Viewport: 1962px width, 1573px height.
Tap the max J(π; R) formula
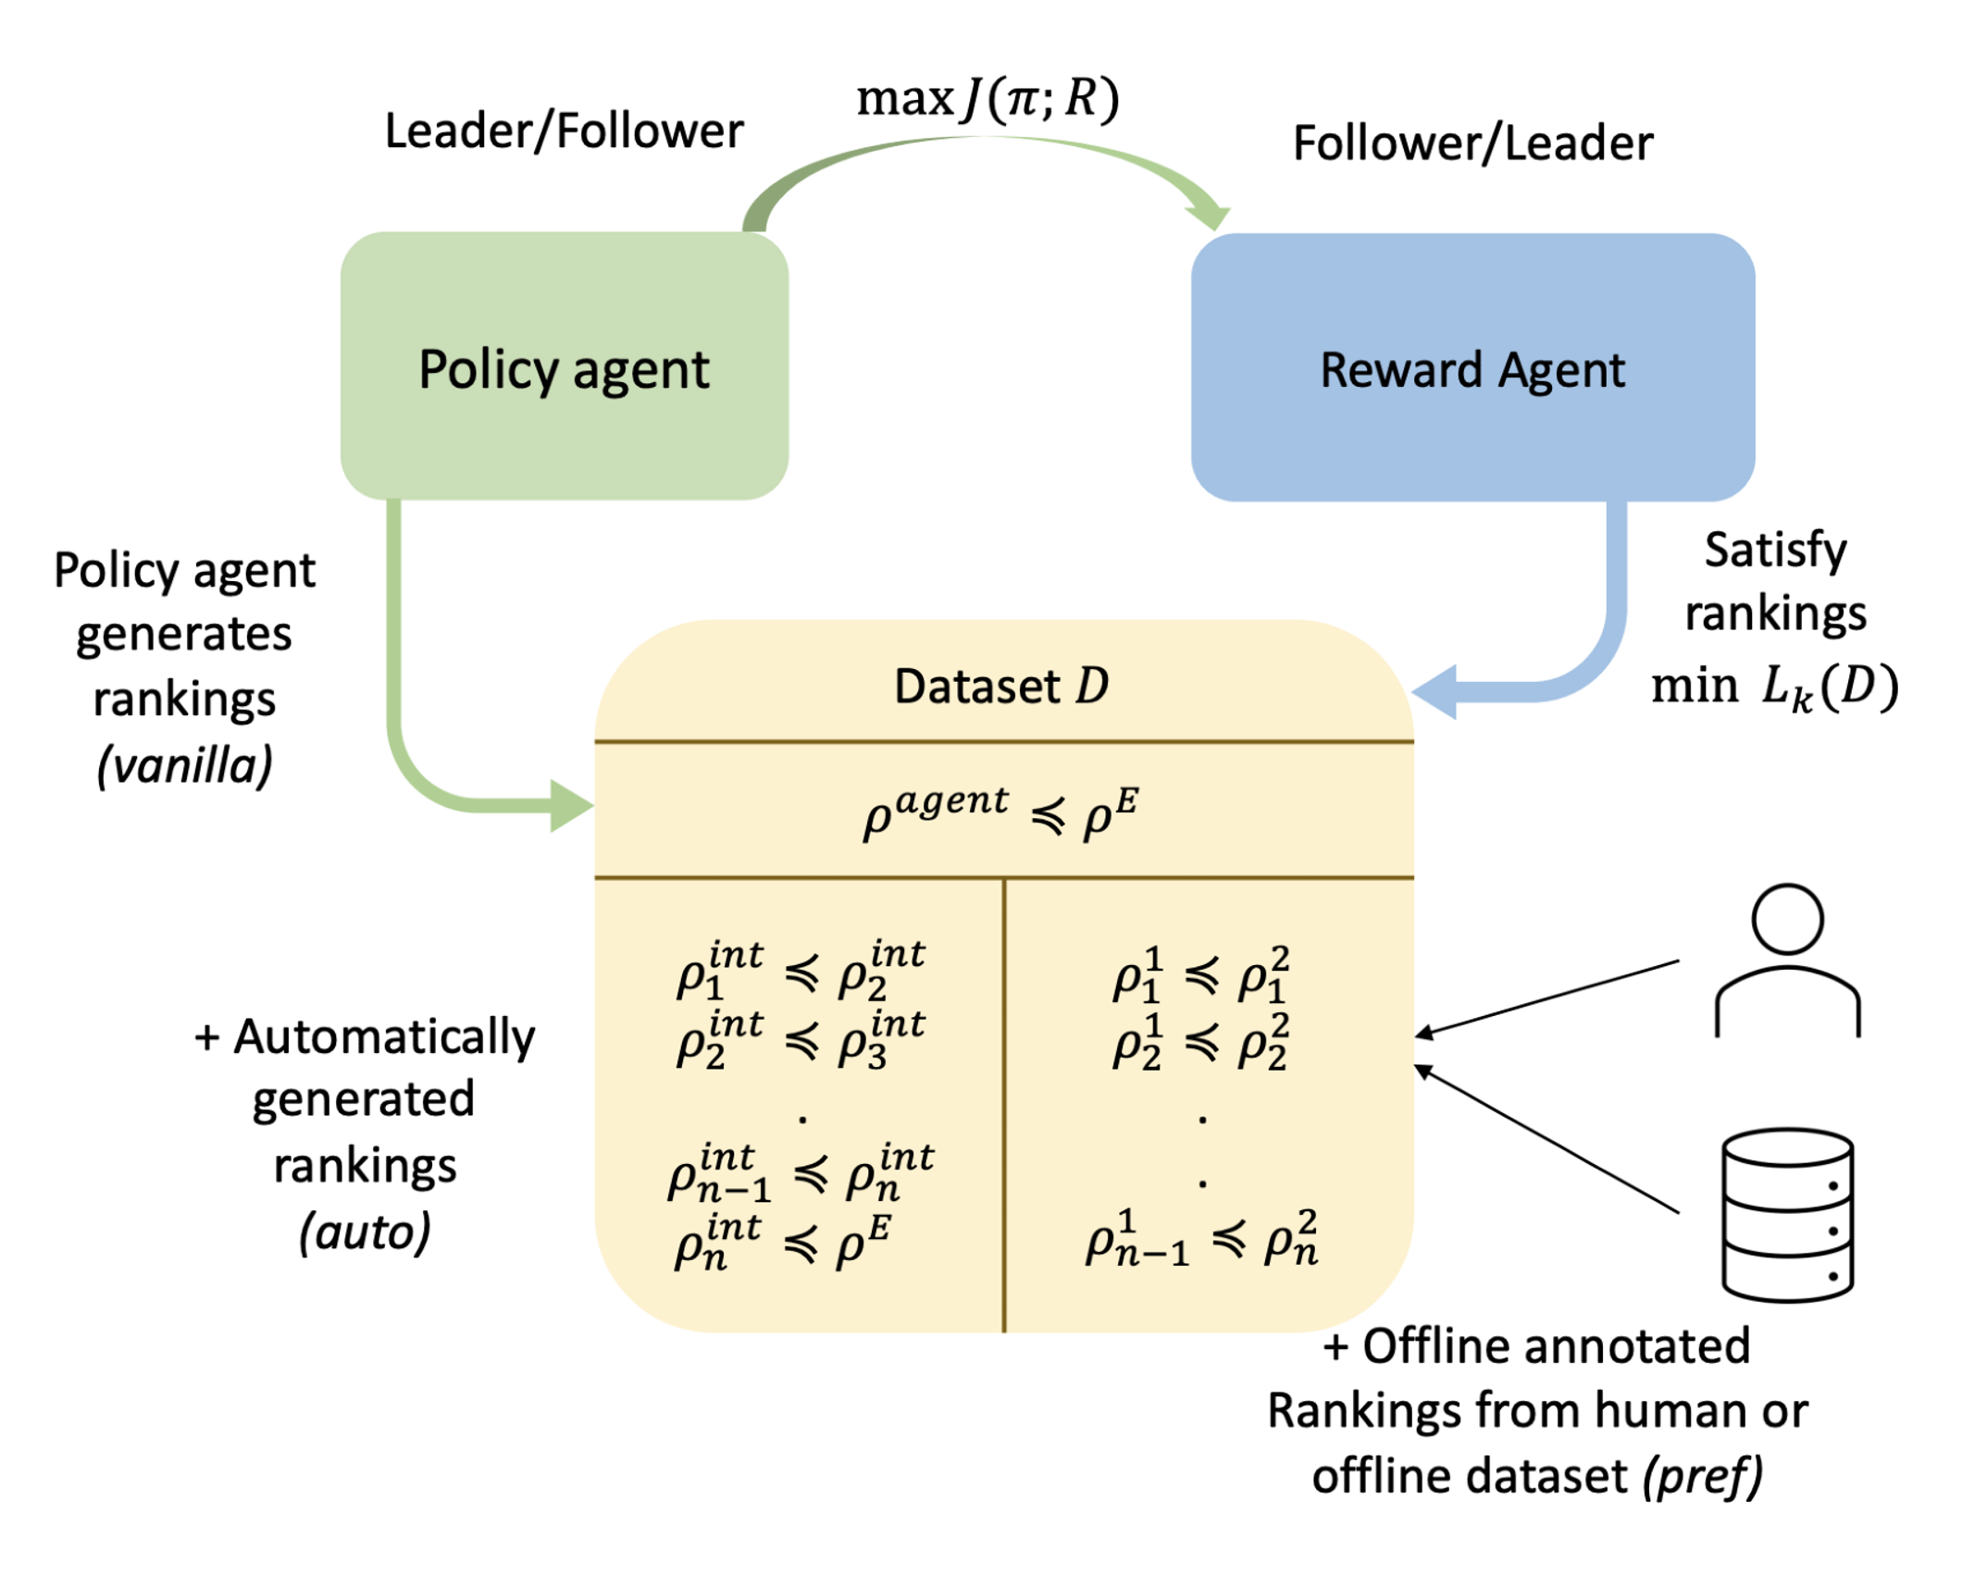987,98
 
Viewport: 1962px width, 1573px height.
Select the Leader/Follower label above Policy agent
564,130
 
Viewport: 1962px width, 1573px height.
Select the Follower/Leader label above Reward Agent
1471,142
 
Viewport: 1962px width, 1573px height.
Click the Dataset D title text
1001,687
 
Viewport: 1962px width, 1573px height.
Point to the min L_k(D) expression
1773,688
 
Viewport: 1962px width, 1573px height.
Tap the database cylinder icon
1786,1214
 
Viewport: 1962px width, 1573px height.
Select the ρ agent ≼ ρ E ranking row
1001,811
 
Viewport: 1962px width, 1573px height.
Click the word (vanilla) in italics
184,765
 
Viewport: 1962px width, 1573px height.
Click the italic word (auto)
365,1232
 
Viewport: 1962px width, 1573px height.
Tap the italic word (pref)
1702,1476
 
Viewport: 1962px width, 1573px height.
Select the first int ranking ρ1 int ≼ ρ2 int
801,972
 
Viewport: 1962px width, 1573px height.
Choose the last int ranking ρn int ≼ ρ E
783,1243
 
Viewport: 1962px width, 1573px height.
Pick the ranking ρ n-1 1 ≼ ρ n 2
1201,1238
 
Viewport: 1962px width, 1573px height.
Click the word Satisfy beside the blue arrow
1774,551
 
